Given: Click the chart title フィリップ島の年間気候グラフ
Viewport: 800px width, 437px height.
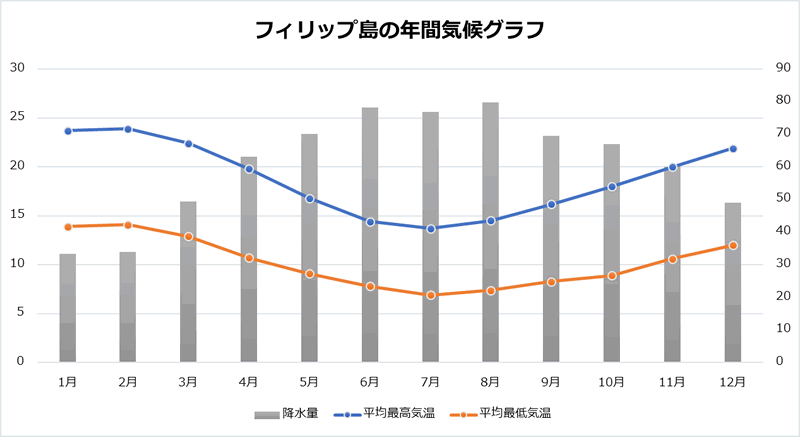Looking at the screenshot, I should pos(400,30).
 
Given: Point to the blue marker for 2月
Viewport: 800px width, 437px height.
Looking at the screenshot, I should pos(128,129).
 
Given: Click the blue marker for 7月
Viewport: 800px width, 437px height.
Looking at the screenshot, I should pos(431,229).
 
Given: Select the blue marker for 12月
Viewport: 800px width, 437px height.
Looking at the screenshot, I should pos(733,149).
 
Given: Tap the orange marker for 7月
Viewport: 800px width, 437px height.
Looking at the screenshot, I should pos(431,295).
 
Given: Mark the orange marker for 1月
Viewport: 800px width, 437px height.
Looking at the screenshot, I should pos(68,227).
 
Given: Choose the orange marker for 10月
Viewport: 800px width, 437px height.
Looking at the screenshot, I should pos(612,275).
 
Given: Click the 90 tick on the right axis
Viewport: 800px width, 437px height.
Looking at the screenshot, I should pos(776,68).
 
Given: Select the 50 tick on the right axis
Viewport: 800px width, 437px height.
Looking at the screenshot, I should pos(776,198).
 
